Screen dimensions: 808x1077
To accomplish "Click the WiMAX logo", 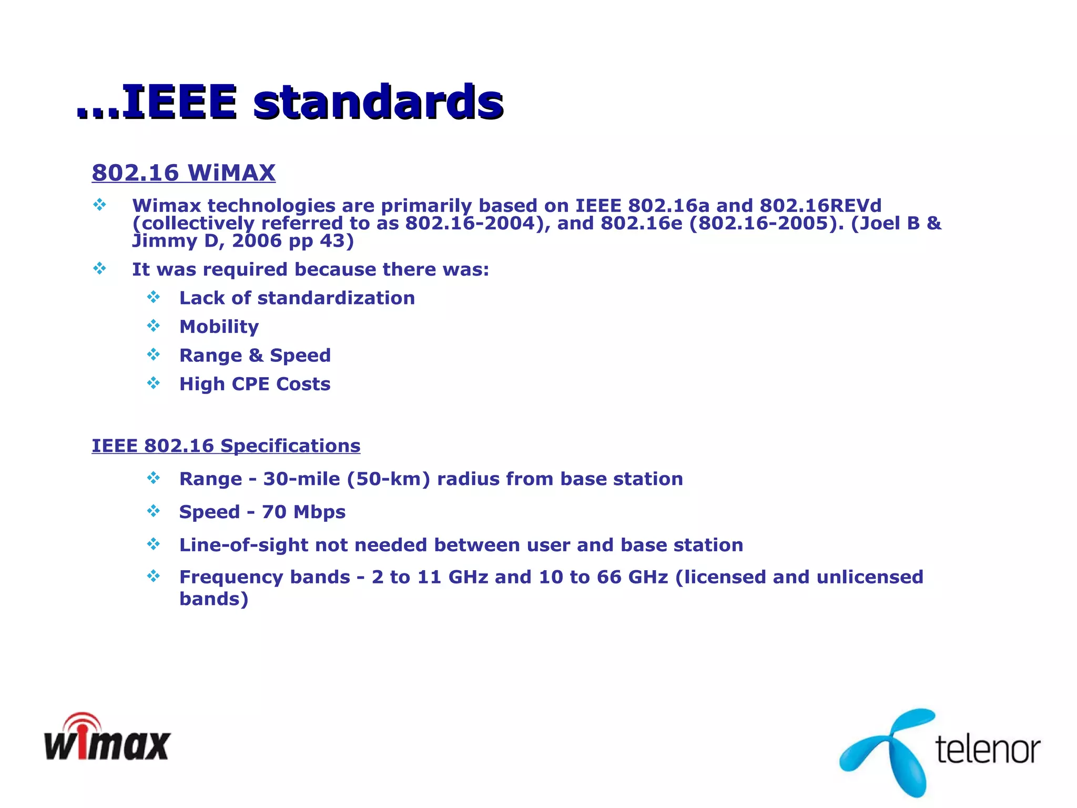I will pos(107,739).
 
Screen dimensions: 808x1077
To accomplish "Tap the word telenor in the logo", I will pos(988,749).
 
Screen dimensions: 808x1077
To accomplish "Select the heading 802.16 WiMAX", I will pos(184,173).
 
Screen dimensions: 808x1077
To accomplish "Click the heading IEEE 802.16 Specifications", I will pos(226,446).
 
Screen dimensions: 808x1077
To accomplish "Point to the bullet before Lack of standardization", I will pos(154,297).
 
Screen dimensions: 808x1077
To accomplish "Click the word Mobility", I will pos(219,327).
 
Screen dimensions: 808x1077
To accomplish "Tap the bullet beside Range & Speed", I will pos(154,355).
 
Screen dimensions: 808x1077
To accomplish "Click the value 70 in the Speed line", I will pos(274,512).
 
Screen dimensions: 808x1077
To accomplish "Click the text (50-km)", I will pos(388,479).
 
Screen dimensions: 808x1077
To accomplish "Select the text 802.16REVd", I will pos(820,206).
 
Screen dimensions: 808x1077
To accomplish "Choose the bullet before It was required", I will pos(99,269).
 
